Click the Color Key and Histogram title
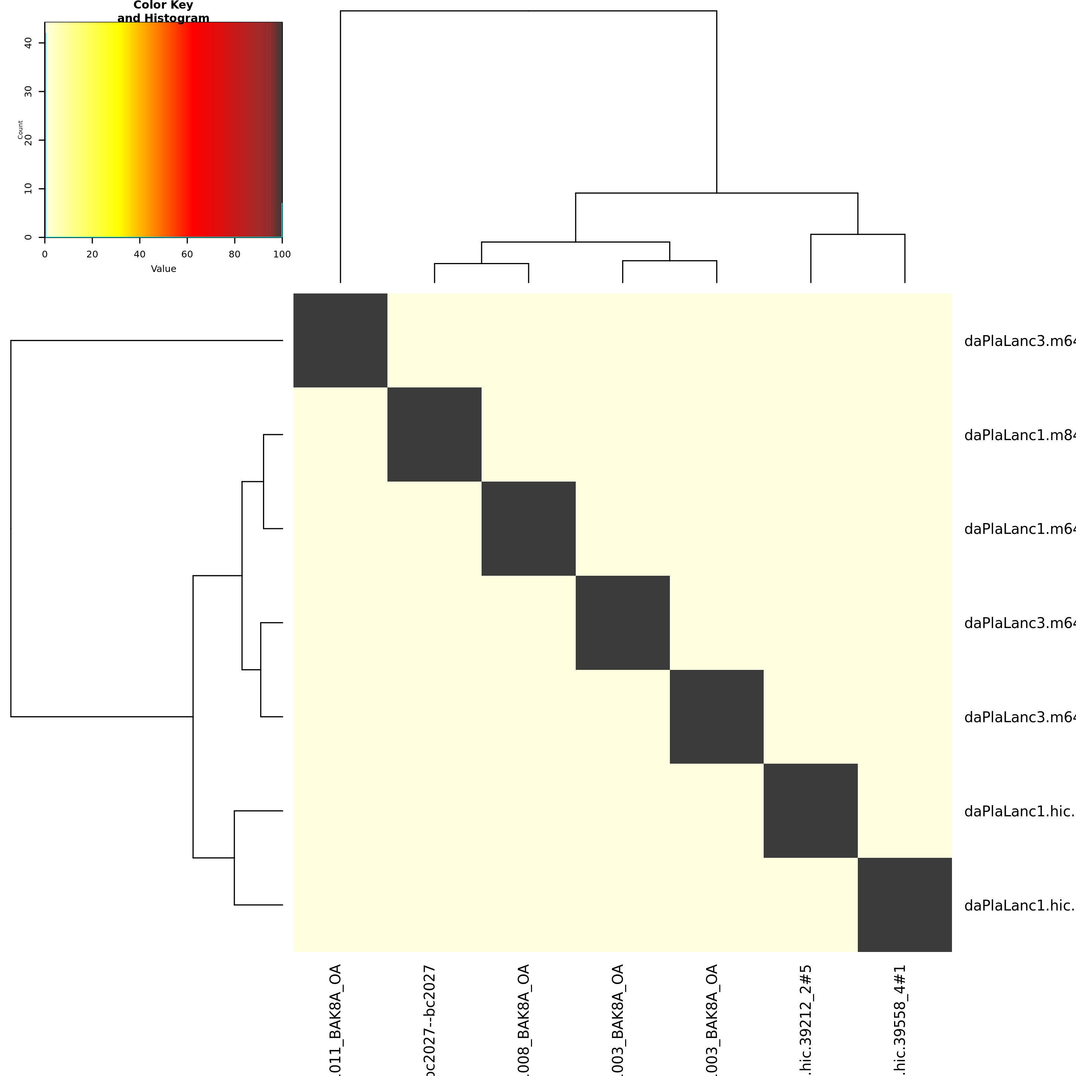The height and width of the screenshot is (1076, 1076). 163,12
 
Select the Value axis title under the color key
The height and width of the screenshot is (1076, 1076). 163,269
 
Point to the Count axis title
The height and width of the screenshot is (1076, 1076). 21,130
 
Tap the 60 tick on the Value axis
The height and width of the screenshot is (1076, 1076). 187,254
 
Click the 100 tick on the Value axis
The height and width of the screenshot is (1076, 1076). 282,254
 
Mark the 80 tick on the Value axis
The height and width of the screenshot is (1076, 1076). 235,254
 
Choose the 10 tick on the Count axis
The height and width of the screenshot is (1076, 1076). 28,189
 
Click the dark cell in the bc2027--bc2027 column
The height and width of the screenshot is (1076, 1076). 435,435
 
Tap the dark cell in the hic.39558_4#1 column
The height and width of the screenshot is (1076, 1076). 905,905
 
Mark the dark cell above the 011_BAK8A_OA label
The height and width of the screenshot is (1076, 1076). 340,340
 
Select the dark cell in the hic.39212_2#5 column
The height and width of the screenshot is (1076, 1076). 810,810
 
